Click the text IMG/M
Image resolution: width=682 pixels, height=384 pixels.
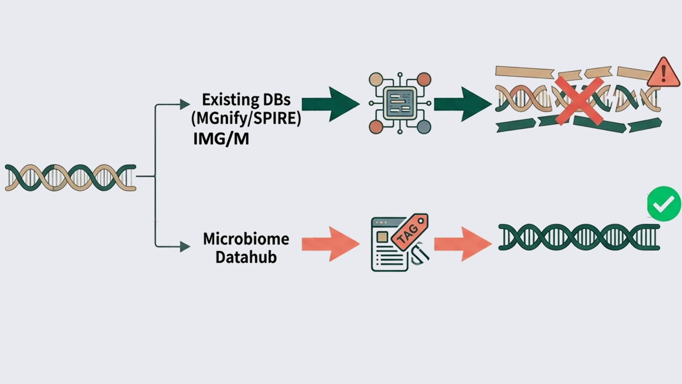[221, 139]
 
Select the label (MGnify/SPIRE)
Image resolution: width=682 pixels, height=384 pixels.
[246, 119]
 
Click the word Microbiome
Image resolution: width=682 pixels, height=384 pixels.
[246, 238]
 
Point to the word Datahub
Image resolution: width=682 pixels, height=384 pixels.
[246, 257]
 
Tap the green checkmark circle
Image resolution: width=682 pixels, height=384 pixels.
[664, 204]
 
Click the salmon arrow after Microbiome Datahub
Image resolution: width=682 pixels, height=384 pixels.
[330, 244]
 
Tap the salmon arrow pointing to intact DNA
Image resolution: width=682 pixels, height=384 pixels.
[462, 244]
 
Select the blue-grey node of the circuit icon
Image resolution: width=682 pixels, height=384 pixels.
[424, 127]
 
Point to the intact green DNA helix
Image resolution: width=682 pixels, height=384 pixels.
[579, 237]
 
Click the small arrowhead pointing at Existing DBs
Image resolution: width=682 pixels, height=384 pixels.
[185, 104]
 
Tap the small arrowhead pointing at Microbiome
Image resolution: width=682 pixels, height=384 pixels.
[185, 246]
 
